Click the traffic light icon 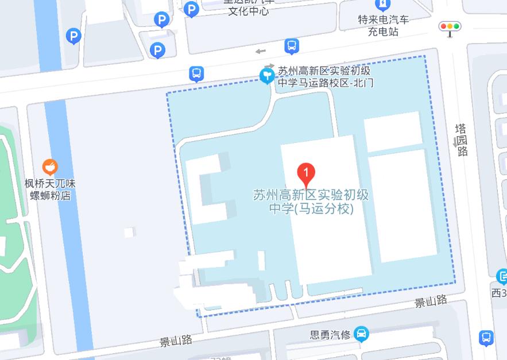click(x=450, y=27)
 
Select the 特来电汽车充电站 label click(x=384, y=25)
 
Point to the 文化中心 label click(x=248, y=11)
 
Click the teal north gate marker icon click(x=267, y=75)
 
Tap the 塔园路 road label click(x=462, y=140)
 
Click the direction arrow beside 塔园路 click(x=455, y=141)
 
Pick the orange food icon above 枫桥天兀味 click(x=50, y=167)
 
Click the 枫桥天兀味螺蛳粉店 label click(x=50, y=189)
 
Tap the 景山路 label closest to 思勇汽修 click(x=431, y=301)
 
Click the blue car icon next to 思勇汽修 click(x=361, y=333)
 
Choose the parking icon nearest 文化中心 click(x=191, y=9)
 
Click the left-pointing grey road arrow click(x=261, y=52)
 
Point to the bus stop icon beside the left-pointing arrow click(x=291, y=45)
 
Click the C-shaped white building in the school click(x=209, y=189)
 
